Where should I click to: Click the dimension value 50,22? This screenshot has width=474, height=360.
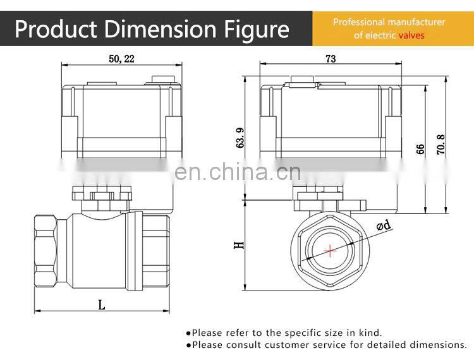coord(121,59)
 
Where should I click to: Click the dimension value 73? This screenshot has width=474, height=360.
coord(331,59)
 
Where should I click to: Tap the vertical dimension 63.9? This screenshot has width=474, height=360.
coord(240,138)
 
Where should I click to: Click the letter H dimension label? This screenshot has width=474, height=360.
coord(239,244)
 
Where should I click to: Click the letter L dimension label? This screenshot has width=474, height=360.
coord(101,305)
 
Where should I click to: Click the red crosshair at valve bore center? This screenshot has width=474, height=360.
coord(330,251)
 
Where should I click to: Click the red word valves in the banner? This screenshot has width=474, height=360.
coord(411,35)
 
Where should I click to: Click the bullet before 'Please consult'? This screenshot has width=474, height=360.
coord(188,345)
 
